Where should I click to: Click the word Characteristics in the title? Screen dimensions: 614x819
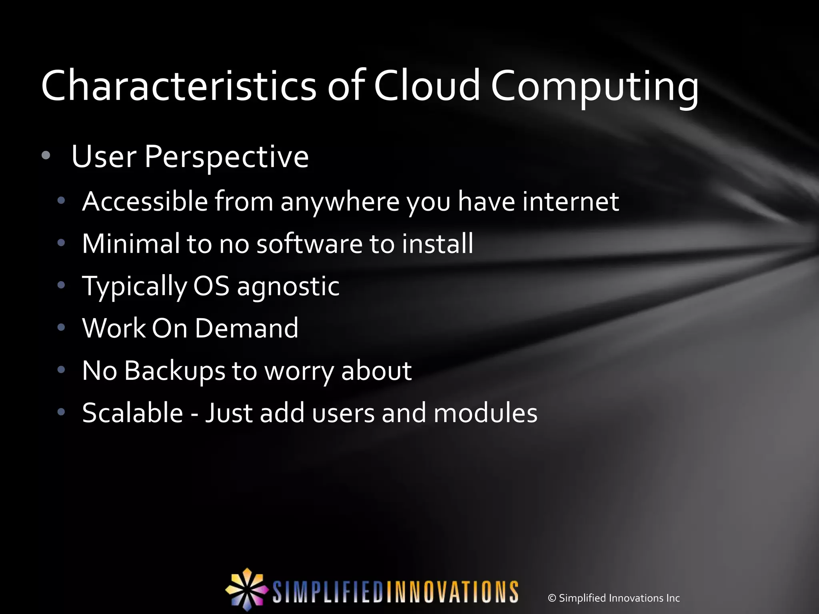click(x=178, y=86)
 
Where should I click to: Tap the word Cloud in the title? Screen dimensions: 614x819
click(x=426, y=86)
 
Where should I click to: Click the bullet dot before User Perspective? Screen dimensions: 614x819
click(x=46, y=156)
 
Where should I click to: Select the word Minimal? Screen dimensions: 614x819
click(x=131, y=243)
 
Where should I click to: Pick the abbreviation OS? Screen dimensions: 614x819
click(x=211, y=286)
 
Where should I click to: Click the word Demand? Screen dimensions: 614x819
click(x=246, y=328)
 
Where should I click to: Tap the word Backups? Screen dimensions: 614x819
click(x=175, y=371)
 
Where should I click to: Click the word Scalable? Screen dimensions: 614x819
click(x=132, y=413)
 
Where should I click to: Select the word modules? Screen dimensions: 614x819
click(x=485, y=413)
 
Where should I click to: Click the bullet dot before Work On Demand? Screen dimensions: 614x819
click(x=61, y=328)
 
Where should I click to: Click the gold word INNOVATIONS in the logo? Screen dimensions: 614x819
click(x=451, y=592)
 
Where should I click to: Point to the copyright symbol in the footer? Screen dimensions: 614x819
click(x=552, y=598)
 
